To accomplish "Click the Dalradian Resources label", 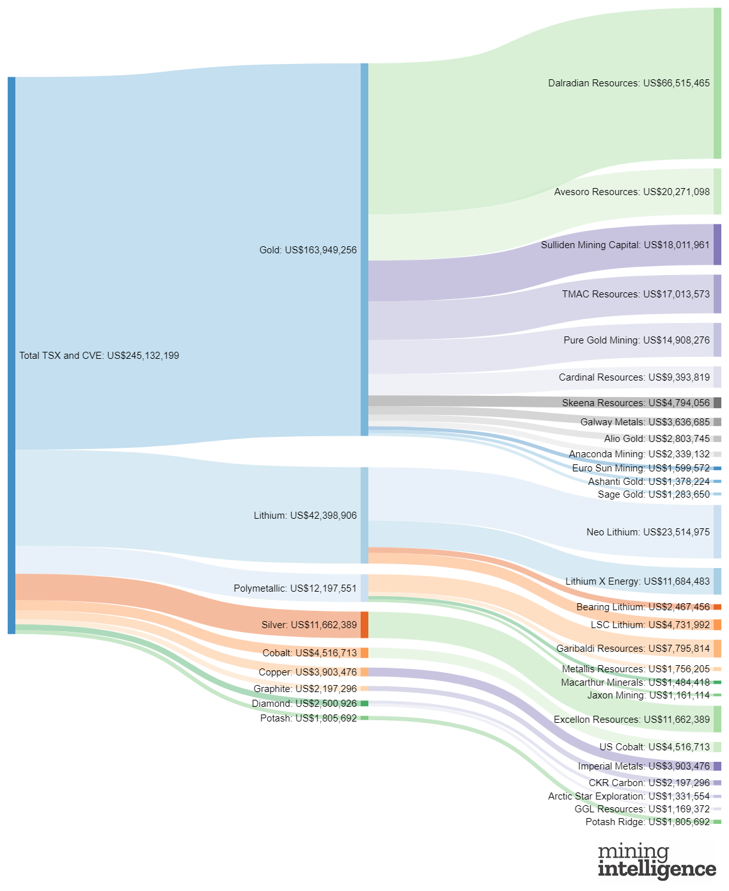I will click(629, 83).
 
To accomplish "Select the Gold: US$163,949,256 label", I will click(308, 250).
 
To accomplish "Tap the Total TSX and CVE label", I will click(99, 356).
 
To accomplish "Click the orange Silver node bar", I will click(364, 625).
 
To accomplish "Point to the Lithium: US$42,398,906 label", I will click(305, 516).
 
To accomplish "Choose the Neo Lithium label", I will click(648, 532).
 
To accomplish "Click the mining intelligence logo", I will click(657, 861).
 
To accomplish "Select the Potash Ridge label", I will click(647, 822).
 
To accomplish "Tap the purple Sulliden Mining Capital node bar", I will click(717, 244).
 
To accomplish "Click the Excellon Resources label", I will click(631, 720).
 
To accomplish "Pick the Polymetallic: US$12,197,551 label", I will click(295, 588).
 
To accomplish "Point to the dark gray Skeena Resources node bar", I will click(717, 403).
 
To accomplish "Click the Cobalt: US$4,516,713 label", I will click(310, 653).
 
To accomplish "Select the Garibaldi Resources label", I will click(632, 649).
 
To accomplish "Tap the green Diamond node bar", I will click(364, 704).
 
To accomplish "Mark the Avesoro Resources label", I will click(632, 192).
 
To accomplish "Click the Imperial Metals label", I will click(643, 766).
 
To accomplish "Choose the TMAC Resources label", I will click(636, 294).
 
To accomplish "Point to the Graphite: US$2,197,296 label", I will click(305, 689).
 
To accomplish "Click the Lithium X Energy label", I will click(637, 581).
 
